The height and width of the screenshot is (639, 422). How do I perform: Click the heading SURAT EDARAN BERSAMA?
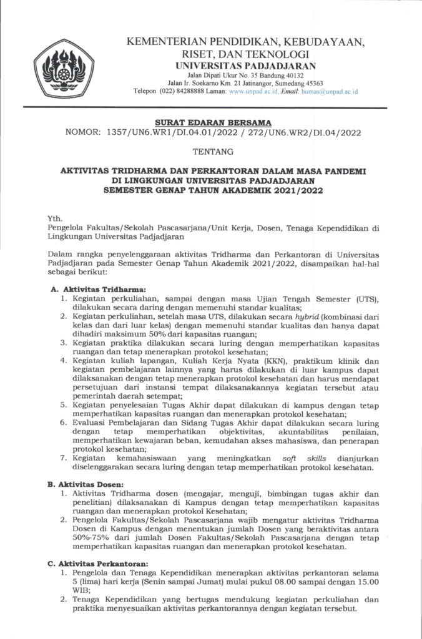click(210, 122)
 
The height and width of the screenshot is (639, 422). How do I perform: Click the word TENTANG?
click(210, 152)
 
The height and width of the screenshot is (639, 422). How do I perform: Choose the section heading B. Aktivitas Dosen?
click(87, 484)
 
